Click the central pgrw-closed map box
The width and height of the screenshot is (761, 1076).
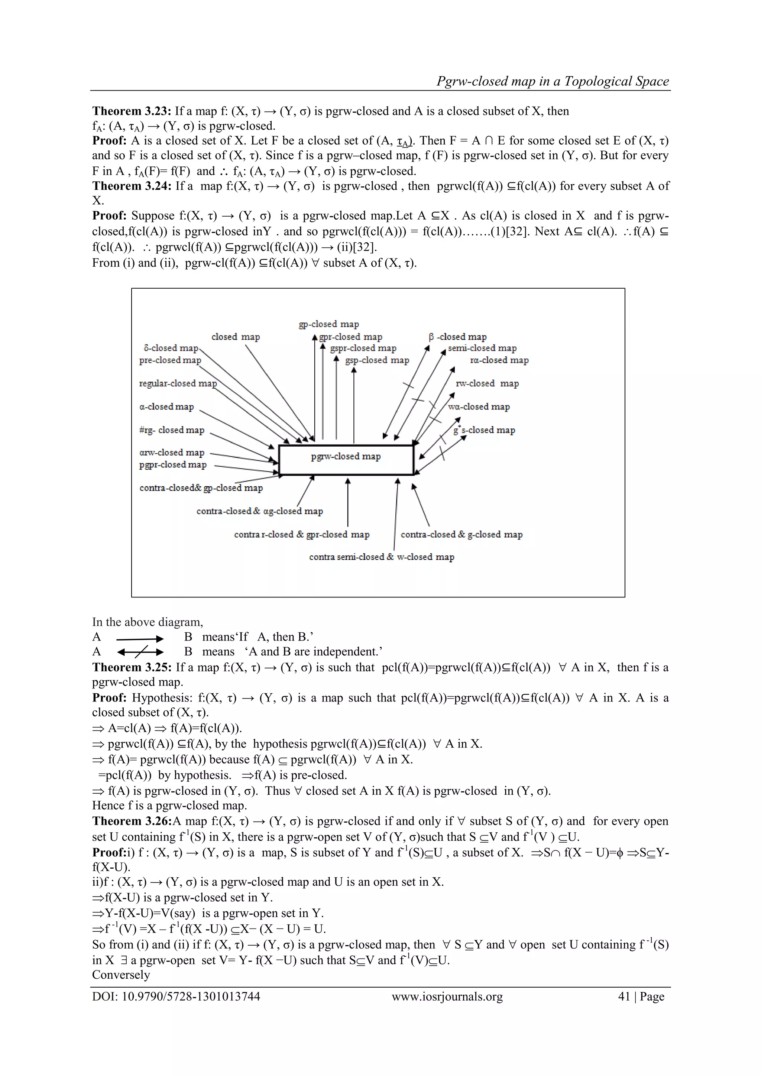click(346, 460)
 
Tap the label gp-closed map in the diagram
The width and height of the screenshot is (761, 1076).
click(328, 324)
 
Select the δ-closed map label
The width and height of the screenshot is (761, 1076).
click(171, 348)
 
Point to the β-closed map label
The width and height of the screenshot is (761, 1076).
click(457, 337)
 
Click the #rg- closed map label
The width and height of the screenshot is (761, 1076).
click(172, 430)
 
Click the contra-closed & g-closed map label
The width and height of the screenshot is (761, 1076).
click(462, 535)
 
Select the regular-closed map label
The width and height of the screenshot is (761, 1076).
click(178, 383)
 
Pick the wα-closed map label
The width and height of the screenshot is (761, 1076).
click(479, 407)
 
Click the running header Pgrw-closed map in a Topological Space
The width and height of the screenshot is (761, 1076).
click(553, 81)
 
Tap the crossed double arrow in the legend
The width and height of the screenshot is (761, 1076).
click(140, 652)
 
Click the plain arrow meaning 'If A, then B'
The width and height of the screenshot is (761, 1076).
click(140, 638)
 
